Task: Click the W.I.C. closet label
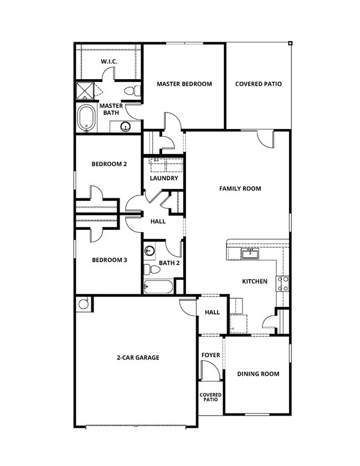[x=109, y=62]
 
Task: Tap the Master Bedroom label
[x=184, y=84]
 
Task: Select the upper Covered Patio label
[x=258, y=84]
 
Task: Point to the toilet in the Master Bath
[x=131, y=91]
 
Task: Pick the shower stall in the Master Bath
[x=84, y=91]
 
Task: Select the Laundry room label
[x=164, y=178]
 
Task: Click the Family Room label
[x=240, y=188]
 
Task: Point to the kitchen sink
[x=250, y=254]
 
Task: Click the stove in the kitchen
[x=282, y=284]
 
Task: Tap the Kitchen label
[x=255, y=281]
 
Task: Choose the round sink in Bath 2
[x=150, y=251]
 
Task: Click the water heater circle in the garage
[x=84, y=304]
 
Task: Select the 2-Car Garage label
[x=138, y=358]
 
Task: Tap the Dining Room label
[x=258, y=374]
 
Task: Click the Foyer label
[x=210, y=355]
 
